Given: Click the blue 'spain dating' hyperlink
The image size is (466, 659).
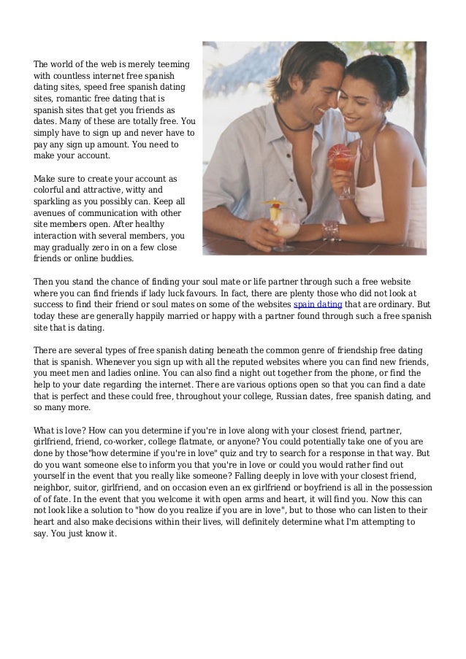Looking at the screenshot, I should pos(316,305).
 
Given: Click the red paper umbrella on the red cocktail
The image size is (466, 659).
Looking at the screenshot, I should pos(337,154).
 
